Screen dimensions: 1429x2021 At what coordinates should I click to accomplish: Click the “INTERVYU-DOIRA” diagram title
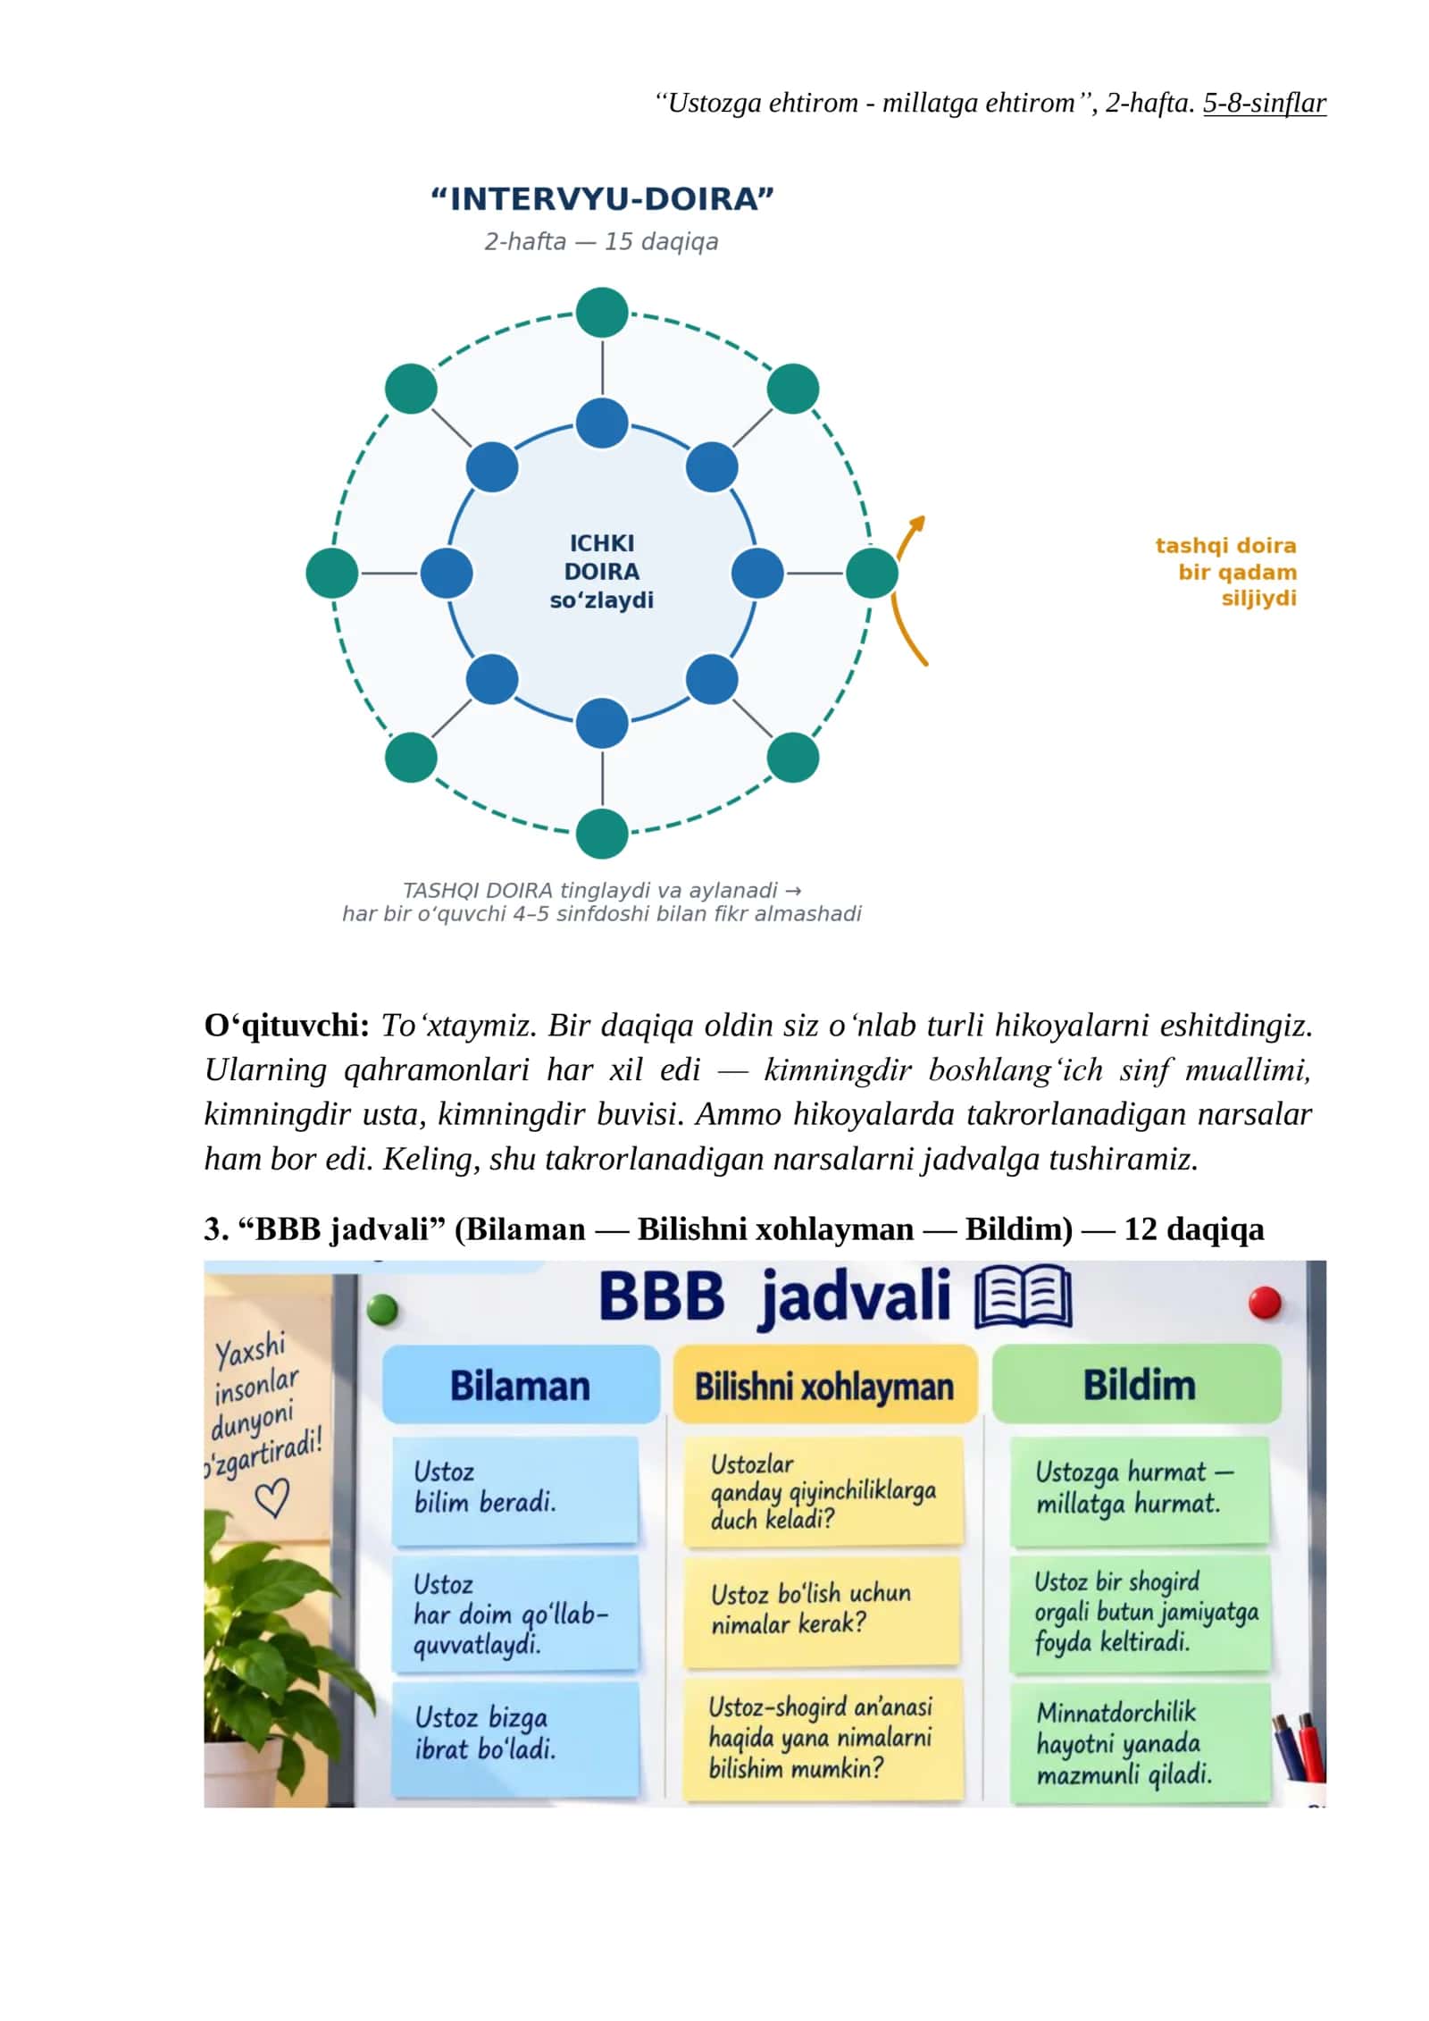pos(602,198)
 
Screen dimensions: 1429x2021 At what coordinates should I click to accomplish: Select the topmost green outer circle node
pos(602,313)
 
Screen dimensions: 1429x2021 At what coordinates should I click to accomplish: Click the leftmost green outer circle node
pos(331,573)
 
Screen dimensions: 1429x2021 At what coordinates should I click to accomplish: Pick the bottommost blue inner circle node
pos(602,723)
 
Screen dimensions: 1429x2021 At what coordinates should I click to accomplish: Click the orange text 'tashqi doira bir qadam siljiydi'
pos(1225,572)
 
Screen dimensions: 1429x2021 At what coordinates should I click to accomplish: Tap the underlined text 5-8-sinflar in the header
pos(1264,104)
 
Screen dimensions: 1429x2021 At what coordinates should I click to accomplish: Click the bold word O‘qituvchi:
pos(287,1026)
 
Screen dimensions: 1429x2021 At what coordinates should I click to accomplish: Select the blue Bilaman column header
pos(521,1386)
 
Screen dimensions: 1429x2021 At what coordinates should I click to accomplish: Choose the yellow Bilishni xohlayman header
pos(824,1386)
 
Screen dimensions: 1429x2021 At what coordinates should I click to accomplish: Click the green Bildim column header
pos(1137,1385)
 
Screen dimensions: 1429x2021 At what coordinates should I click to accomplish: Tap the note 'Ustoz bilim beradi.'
pos(515,1489)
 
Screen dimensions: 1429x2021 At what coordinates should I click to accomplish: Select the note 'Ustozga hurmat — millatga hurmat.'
pos(1140,1489)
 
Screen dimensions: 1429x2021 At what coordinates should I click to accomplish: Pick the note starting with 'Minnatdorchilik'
pos(1141,1742)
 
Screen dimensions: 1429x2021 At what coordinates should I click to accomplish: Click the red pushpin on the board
pos(1265,1303)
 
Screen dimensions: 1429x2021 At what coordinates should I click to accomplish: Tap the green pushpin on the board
pos(381,1311)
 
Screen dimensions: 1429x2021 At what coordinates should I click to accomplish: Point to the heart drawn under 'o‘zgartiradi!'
pos(272,1498)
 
